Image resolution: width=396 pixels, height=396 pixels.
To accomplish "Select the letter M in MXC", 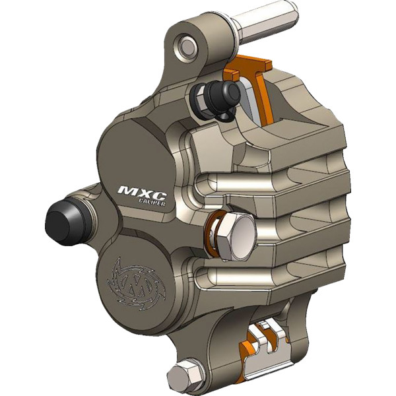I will [x=127, y=191].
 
